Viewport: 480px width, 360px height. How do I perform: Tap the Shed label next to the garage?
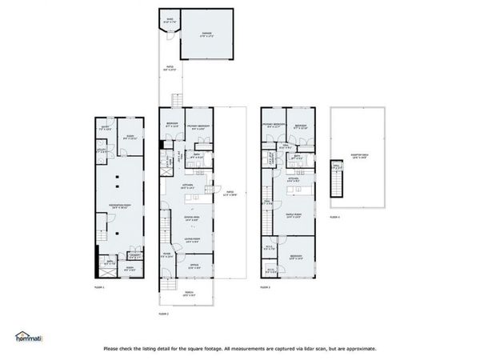click(x=170, y=19)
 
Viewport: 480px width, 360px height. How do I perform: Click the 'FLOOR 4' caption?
click(x=334, y=216)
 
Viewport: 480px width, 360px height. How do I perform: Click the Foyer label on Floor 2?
click(x=167, y=256)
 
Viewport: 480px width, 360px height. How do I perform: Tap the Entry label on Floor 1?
click(x=103, y=127)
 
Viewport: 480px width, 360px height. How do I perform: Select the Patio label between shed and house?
click(x=170, y=68)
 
